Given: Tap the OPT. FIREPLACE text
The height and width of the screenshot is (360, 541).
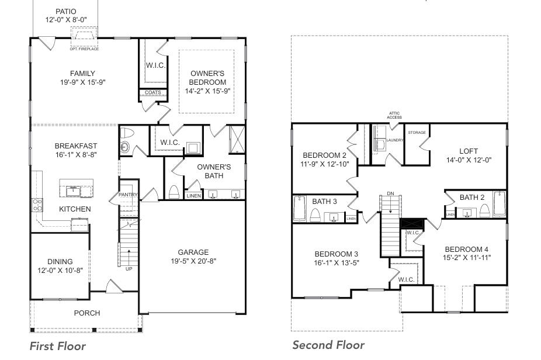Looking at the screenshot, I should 84,49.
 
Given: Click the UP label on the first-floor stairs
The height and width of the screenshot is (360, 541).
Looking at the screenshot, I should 129,269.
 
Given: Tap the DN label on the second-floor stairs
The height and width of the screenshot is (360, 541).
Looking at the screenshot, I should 390,193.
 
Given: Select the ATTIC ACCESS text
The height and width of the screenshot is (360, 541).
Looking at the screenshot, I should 394,115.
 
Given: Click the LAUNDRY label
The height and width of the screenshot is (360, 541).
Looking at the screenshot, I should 395,140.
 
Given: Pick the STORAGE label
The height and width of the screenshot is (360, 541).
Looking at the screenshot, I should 417,133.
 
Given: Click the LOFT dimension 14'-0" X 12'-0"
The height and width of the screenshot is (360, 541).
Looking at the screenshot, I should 468,160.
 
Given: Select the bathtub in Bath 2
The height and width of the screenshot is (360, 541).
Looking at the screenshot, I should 500,205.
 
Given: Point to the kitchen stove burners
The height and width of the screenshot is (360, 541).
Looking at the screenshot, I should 37,205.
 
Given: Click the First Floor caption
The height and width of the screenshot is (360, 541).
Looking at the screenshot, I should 57,346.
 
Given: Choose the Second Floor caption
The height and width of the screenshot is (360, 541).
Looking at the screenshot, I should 328,345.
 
